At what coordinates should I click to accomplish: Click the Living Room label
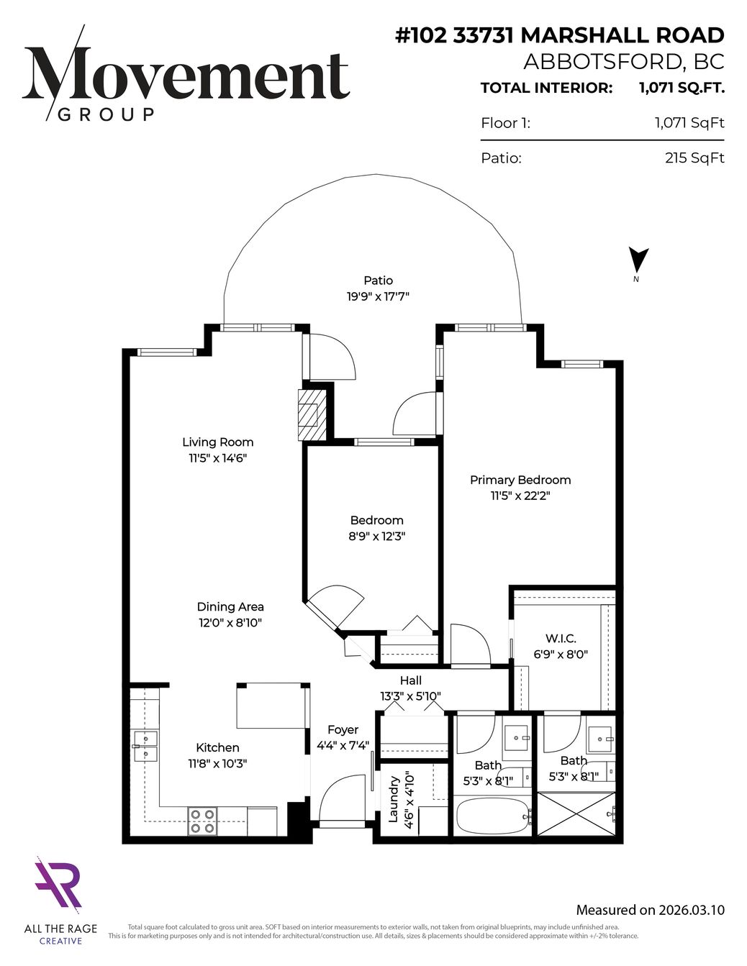point(218,442)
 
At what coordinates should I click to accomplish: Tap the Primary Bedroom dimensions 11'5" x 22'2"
point(521,496)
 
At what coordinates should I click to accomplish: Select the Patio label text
point(379,281)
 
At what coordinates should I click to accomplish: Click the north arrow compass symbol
point(638,260)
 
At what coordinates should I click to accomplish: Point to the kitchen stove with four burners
point(203,821)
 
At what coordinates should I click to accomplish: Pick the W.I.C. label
point(561,639)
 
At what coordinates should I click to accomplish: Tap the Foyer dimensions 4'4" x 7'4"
point(343,745)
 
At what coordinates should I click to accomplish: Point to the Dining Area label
point(230,607)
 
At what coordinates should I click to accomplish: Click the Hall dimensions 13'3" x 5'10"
point(410,696)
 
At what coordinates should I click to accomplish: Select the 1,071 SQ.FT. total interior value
point(682,88)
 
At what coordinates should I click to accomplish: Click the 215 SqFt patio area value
point(694,158)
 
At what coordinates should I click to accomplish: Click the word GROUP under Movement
point(107,114)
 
